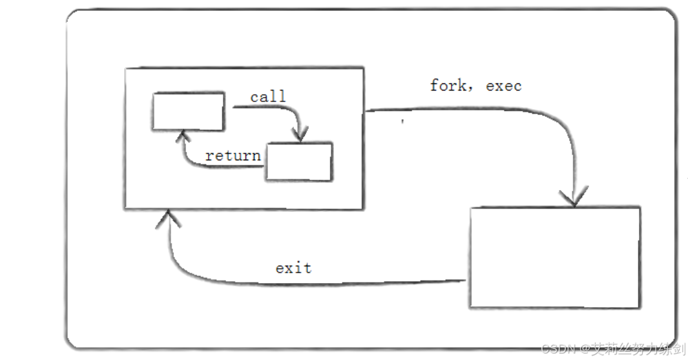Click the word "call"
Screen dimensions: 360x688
pos(268,97)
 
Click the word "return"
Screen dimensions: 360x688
pos(233,156)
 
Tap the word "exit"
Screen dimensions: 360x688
pos(293,268)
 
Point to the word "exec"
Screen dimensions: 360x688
pos(503,86)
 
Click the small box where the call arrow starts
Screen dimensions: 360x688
pos(188,111)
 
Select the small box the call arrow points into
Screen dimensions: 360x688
pos(299,162)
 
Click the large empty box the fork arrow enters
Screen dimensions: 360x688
pos(554,257)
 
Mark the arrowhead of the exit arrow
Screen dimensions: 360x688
pos(168,220)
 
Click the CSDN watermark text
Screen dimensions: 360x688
pos(557,349)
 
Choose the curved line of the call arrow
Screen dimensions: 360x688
pos(284,110)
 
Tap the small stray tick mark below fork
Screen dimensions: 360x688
pos(403,121)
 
